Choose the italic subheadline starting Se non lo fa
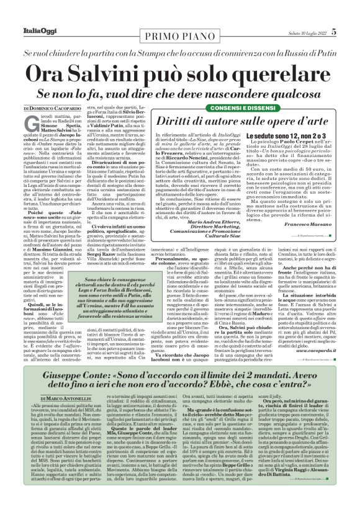click(180, 94)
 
